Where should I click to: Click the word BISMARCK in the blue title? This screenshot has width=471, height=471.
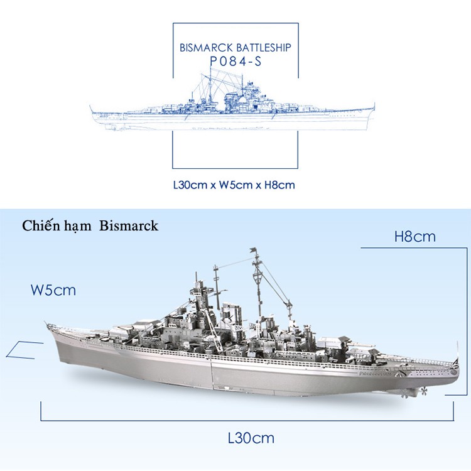click(206, 47)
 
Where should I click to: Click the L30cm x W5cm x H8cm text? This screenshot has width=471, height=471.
click(234, 185)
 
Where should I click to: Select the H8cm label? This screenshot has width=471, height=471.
click(414, 237)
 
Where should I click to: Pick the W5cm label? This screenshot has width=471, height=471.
click(53, 290)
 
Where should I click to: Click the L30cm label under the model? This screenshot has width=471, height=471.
click(251, 438)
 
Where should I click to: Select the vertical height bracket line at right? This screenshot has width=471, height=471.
click(450, 320)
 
